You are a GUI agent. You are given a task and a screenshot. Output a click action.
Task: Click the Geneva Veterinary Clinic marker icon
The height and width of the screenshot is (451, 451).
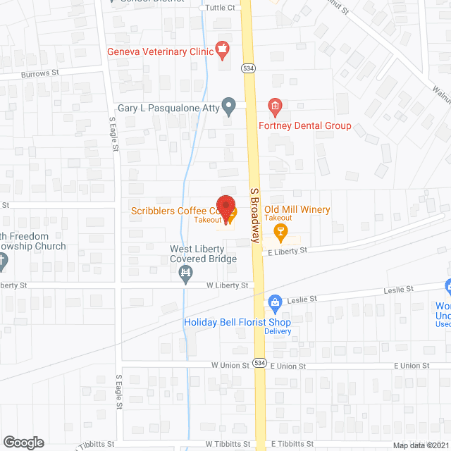click(x=223, y=48)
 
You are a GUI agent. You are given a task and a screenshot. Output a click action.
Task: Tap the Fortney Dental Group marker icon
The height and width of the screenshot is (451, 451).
click(x=276, y=107)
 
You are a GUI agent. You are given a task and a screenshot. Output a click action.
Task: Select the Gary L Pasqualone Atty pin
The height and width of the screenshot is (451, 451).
click(x=228, y=107)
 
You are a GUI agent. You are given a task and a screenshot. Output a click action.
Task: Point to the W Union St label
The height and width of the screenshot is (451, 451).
click(x=230, y=366)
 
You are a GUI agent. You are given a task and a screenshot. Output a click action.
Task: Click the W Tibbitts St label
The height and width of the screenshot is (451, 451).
click(x=228, y=445)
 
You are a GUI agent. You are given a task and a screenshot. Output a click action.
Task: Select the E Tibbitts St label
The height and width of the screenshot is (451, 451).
click(x=290, y=445)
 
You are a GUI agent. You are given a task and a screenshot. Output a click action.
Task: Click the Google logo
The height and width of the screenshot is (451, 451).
click(x=23, y=442)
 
